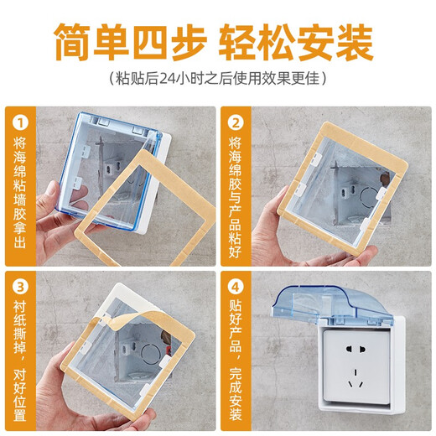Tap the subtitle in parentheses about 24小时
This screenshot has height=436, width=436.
pyautogui.click(x=217, y=78)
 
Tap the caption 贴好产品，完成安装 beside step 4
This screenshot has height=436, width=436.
pyautogui.click(x=236, y=361)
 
